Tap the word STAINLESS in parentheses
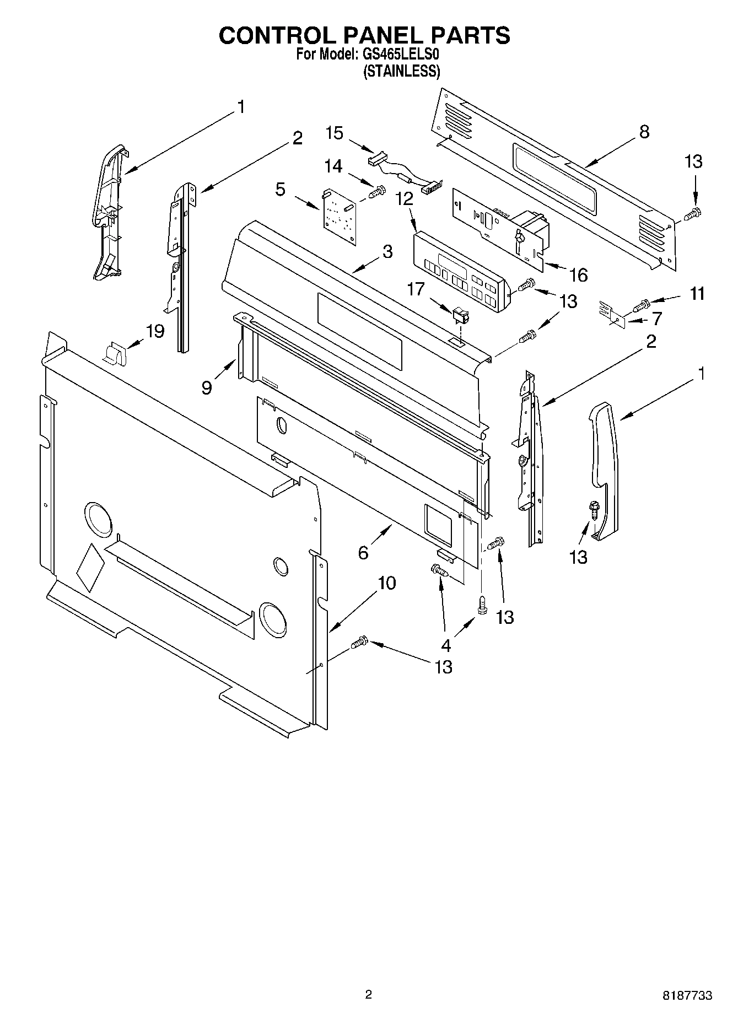(x=401, y=71)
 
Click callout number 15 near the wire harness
(x=334, y=133)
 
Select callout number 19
(x=155, y=331)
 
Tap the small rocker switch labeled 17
(x=459, y=316)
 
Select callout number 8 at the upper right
(x=644, y=132)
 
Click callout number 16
(x=578, y=274)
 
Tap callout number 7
(x=656, y=319)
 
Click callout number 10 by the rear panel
(x=387, y=583)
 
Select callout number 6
(x=363, y=552)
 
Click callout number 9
(x=206, y=387)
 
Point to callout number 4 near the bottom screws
(x=445, y=645)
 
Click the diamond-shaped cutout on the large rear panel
(x=90, y=568)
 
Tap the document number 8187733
(x=687, y=995)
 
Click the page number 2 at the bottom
(x=368, y=994)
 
